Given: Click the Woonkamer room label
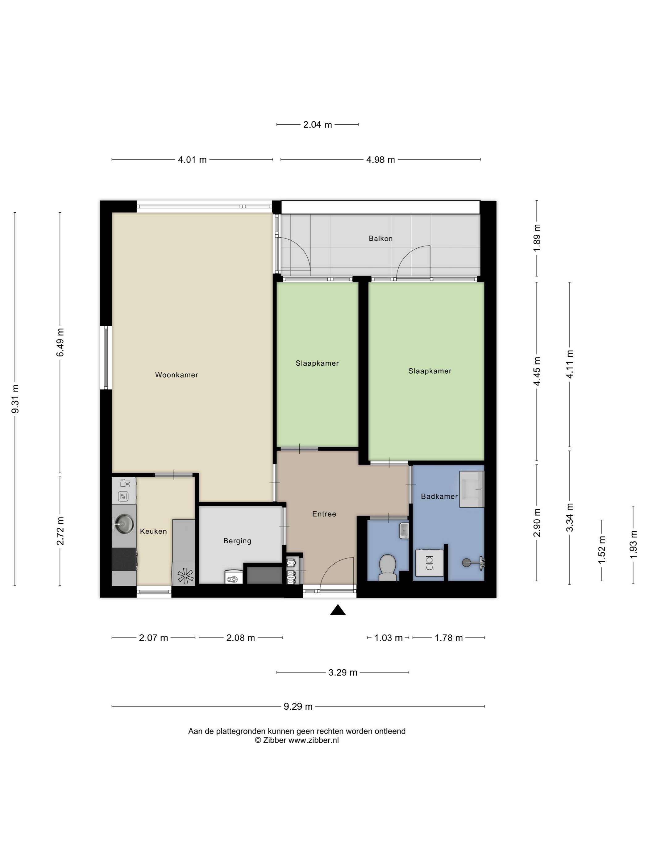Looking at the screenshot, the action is click(x=177, y=375).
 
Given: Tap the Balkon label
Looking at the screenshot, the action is click(x=380, y=238).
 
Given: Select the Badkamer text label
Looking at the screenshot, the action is click(x=439, y=496).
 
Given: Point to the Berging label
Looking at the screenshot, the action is click(x=237, y=541).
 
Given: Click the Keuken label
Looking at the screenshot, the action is click(x=153, y=531).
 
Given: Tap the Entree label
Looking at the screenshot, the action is click(x=324, y=514).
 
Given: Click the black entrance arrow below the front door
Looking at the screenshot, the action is click(x=338, y=610).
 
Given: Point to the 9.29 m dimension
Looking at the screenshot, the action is click(x=298, y=707).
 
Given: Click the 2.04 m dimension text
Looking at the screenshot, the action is click(x=318, y=125).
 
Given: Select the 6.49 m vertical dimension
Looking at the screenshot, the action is click(x=60, y=342).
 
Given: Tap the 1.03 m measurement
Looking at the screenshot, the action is click(x=388, y=638).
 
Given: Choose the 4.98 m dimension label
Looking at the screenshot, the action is click(x=380, y=160).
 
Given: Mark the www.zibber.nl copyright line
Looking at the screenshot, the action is click(x=297, y=740).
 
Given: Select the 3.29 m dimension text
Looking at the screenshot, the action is click(x=343, y=673).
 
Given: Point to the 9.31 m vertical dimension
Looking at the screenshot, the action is click(x=15, y=399).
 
